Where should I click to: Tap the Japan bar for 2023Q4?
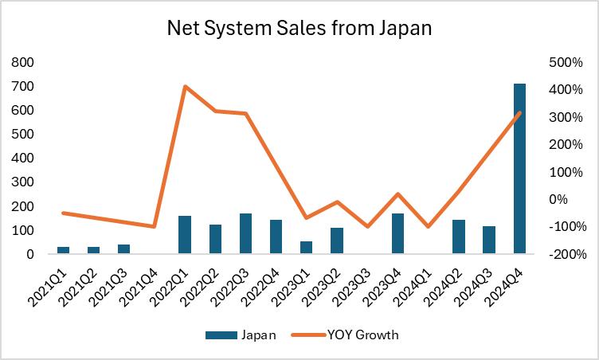tap(397, 234)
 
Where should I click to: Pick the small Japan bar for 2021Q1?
tap(64, 250)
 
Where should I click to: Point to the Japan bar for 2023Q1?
tap(307, 248)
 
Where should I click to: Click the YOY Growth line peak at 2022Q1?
tap(185, 87)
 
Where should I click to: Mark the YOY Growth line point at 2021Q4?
tap(155, 227)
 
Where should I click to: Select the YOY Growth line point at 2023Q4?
tap(397, 194)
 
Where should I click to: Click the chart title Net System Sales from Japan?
tap(299, 29)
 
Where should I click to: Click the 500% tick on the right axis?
tap(567, 62)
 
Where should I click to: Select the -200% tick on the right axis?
tap(567, 255)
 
